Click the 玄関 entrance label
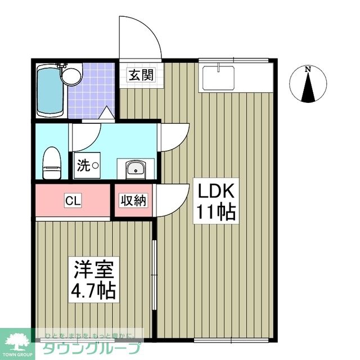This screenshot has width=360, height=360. click(x=141, y=74)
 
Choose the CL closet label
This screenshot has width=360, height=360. click(x=72, y=200)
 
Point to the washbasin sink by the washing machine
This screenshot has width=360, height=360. click(x=134, y=168)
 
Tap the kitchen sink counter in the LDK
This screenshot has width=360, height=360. click(x=218, y=76)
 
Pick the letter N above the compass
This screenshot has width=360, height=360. click(x=307, y=70)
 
